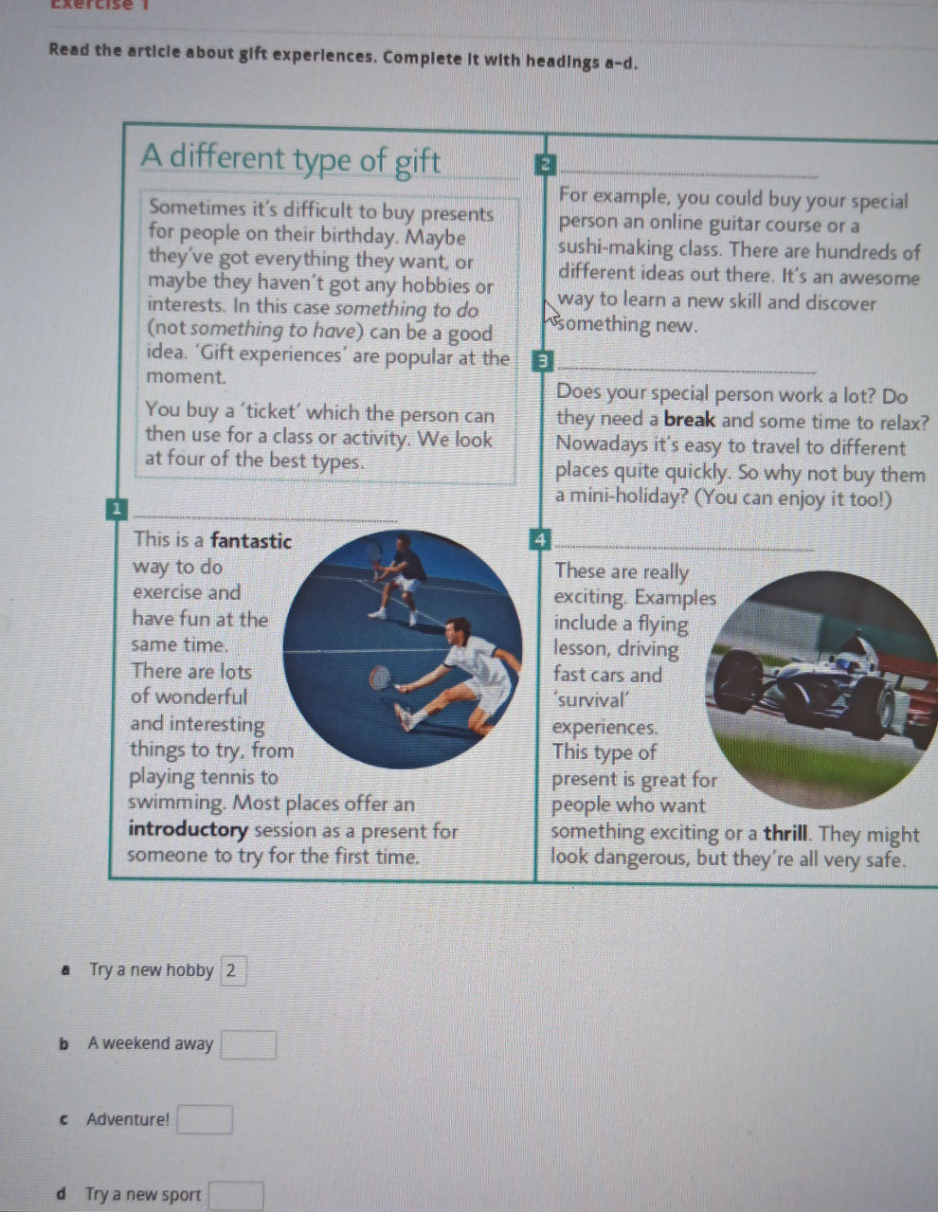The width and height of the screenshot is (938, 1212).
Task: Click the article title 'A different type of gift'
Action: click(290, 159)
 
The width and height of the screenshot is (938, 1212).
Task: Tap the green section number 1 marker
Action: click(117, 510)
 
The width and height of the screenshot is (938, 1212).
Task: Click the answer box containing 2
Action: click(233, 970)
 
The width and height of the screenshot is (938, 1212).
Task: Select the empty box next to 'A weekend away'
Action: click(248, 1045)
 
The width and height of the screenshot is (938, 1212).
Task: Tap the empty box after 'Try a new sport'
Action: click(236, 1196)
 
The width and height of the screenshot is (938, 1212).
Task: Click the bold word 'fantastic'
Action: click(250, 540)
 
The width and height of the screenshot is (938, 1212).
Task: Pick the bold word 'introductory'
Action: click(188, 830)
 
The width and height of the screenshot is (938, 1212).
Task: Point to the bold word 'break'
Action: click(689, 420)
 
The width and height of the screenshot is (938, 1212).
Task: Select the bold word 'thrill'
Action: click(785, 834)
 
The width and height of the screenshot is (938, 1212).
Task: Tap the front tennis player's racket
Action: click(380, 677)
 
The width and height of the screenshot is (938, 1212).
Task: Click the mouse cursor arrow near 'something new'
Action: click(551, 313)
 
